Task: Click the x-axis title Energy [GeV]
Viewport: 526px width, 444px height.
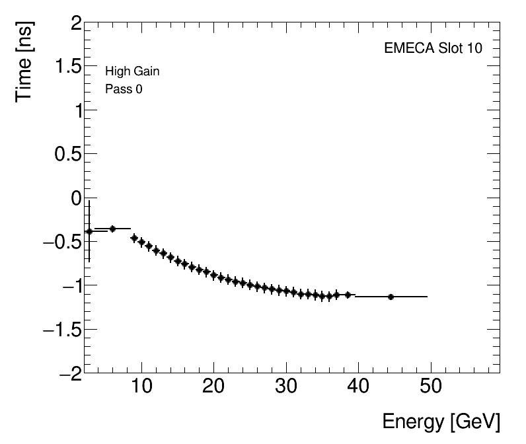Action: pos(441,422)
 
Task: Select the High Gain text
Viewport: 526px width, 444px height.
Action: pos(132,71)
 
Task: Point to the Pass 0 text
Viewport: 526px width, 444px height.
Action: pos(124,89)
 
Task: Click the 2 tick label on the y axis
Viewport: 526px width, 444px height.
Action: pos(75,24)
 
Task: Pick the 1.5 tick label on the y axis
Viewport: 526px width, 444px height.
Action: pos(67,68)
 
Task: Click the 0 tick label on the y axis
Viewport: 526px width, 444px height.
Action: pos(75,198)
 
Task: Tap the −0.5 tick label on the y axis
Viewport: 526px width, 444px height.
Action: pos(61,242)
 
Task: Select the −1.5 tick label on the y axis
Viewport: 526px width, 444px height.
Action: pos(61,329)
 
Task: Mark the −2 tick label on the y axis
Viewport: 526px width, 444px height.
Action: pos(70,373)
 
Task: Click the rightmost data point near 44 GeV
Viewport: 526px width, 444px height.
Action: pos(391,297)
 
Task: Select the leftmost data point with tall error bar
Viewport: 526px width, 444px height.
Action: pos(89,231)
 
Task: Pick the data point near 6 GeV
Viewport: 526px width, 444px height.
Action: pos(112,229)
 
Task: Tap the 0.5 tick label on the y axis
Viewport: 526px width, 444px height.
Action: pos(67,155)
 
